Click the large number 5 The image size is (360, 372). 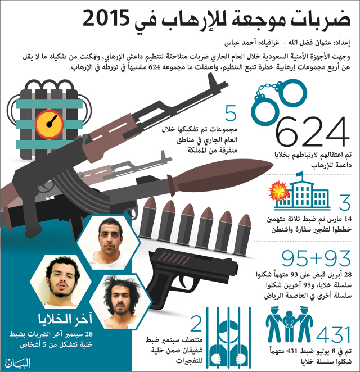pyautogui.click(x=230, y=115)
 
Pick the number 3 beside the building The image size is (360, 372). pyautogui.click(x=344, y=201)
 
